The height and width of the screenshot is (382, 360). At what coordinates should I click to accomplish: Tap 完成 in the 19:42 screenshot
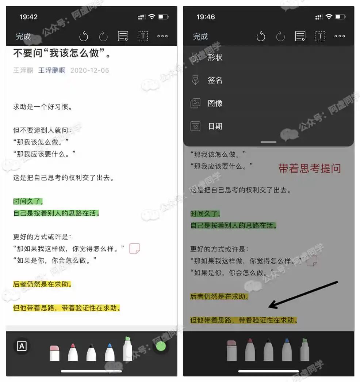coord(23,37)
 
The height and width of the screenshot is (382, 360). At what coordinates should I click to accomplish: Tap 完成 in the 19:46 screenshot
coord(200,37)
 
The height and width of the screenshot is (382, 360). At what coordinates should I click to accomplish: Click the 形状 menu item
coord(215,57)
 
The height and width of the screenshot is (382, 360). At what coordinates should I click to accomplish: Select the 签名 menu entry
coord(215,80)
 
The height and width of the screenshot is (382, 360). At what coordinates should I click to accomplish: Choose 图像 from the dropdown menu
coord(215,103)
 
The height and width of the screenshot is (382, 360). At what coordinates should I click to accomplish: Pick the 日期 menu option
coord(215,126)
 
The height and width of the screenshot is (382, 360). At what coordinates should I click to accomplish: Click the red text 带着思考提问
coord(309,169)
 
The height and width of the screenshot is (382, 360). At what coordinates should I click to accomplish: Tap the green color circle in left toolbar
coord(161,346)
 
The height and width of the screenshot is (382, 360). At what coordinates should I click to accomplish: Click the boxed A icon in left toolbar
coord(22,346)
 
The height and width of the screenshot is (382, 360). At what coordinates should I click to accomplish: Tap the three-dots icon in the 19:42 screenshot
coord(162,36)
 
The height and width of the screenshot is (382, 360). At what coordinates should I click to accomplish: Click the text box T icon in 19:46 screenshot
coord(320,36)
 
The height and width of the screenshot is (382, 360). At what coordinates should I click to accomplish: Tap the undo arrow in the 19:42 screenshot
coord(84,36)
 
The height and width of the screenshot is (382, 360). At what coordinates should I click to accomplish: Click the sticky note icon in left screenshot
coord(135,249)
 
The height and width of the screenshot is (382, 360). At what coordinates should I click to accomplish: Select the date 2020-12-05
coord(89,71)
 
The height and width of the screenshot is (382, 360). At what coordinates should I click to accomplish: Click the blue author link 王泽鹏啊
coord(52,71)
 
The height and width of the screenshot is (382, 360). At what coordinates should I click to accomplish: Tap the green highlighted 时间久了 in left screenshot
coord(28,201)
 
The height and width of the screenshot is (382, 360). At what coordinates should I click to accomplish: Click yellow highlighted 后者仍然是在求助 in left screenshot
coord(42,284)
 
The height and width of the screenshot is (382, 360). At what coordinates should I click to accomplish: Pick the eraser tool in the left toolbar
coord(54,353)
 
